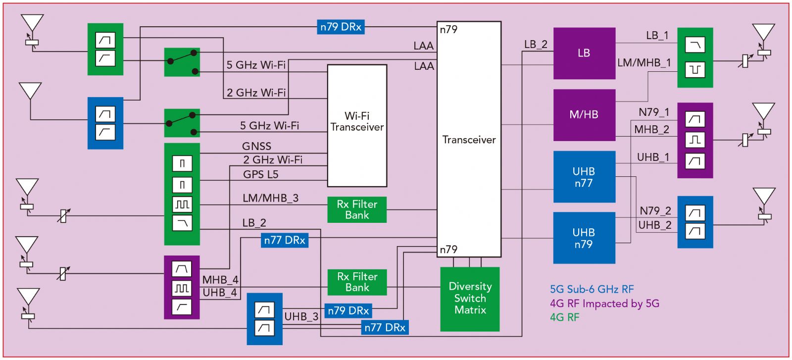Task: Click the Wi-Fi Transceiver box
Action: tap(357, 125)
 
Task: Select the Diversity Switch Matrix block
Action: tap(470, 299)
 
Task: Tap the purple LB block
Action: tap(584, 53)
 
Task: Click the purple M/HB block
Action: tap(584, 115)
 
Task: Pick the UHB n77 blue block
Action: tap(584, 177)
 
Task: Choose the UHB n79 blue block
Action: tap(584, 238)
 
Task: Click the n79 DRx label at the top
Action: tap(341, 27)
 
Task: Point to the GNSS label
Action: tap(256, 146)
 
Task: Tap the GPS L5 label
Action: tap(260, 174)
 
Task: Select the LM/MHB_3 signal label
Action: tap(270, 198)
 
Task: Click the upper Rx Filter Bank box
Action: tap(357, 209)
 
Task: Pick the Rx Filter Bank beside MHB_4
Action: tap(357, 282)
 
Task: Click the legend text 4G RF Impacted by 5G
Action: tap(604, 304)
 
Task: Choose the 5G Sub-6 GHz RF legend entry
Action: tap(592, 290)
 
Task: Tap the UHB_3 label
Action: tap(301, 317)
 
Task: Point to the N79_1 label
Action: tap(653, 112)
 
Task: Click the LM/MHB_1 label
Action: tap(644, 63)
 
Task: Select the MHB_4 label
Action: tap(220, 280)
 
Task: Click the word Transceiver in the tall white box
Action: tap(469, 140)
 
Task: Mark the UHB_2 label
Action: tap(654, 225)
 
